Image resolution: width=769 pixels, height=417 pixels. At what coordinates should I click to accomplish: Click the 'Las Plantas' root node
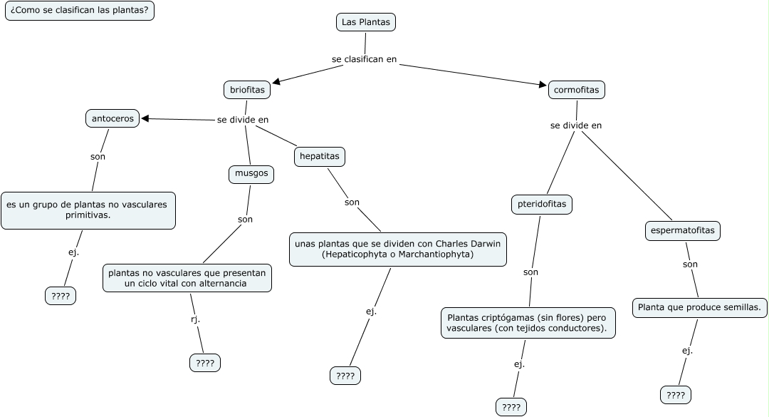tap(365, 22)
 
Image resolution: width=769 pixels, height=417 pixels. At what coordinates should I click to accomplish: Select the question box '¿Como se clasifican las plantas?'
tap(80, 11)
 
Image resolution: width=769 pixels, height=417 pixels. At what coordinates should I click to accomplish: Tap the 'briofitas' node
tap(247, 90)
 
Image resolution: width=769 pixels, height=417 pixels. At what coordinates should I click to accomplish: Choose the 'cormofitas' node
tap(577, 90)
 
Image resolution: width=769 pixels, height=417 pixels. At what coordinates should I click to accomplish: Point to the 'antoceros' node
tap(113, 118)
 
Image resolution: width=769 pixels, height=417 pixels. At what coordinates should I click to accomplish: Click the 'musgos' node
tap(251, 173)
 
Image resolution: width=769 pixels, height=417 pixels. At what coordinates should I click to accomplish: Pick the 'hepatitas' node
tap(320, 156)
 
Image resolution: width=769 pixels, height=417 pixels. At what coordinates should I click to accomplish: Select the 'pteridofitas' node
tap(542, 204)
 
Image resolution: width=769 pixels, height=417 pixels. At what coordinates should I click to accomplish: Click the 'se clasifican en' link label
tap(364, 59)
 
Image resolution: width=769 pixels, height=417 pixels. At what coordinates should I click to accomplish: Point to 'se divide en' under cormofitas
tap(576, 125)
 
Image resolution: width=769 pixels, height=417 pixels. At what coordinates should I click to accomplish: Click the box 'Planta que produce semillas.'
tap(699, 308)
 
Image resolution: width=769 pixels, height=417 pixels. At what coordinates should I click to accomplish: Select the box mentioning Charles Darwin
tap(397, 249)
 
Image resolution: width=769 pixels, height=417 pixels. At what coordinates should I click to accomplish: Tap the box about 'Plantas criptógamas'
tap(528, 322)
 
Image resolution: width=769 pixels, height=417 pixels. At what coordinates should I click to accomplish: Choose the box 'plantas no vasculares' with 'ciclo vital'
tap(187, 278)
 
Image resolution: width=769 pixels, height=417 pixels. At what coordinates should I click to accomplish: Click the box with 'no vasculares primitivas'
tap(88, 210)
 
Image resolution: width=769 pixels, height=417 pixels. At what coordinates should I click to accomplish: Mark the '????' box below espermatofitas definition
tap(676, 395)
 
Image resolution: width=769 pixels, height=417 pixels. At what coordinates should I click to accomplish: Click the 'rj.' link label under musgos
tap(195, 319)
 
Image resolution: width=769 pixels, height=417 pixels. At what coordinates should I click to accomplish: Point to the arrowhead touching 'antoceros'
tap(145, 119)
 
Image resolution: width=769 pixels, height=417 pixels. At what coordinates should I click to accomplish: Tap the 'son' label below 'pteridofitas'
tap(530, 272)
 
